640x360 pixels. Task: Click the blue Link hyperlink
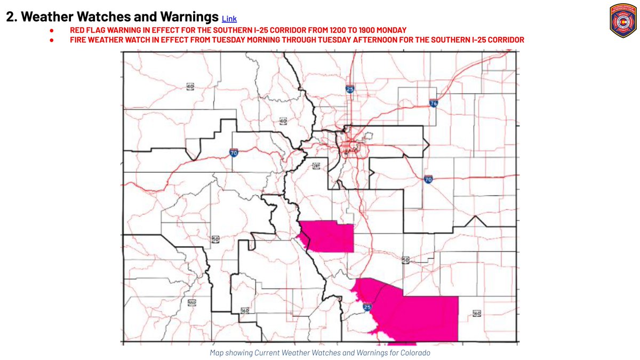229,19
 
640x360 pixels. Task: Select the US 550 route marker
192,303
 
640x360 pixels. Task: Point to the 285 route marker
316,166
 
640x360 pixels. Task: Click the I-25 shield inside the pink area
367,307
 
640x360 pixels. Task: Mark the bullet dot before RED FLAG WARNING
52,30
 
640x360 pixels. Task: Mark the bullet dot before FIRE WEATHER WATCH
52,40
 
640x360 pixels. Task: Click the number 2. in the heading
12,17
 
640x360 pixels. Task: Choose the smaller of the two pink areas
329,237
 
